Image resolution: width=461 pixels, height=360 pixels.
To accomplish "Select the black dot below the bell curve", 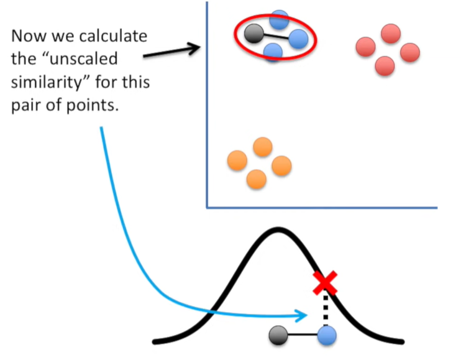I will click(x=278, y=336).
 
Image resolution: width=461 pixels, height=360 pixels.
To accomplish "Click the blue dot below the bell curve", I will click(x=326, y=336).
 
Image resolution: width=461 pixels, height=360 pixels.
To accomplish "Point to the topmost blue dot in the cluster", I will click(x=279, y=19).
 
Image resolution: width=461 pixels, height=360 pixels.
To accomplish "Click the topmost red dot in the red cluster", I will click(x=390, y=34).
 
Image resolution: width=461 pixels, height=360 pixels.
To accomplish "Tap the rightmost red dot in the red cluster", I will click(x=410, y=52).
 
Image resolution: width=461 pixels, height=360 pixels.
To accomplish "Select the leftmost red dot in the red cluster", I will click(x=365, y=47).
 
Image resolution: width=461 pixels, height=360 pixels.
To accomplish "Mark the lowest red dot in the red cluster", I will click(x=385, y=65).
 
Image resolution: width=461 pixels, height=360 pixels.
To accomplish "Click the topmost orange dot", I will click(x=263, y=147).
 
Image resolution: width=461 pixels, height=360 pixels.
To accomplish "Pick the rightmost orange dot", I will click(x=281, y=165).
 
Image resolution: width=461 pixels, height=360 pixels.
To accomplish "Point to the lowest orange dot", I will click(x=256, y=179).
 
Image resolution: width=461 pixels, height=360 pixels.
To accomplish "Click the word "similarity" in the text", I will click(x=47, y=82).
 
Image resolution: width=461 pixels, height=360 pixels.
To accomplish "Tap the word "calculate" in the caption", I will click(x=116, y=35).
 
